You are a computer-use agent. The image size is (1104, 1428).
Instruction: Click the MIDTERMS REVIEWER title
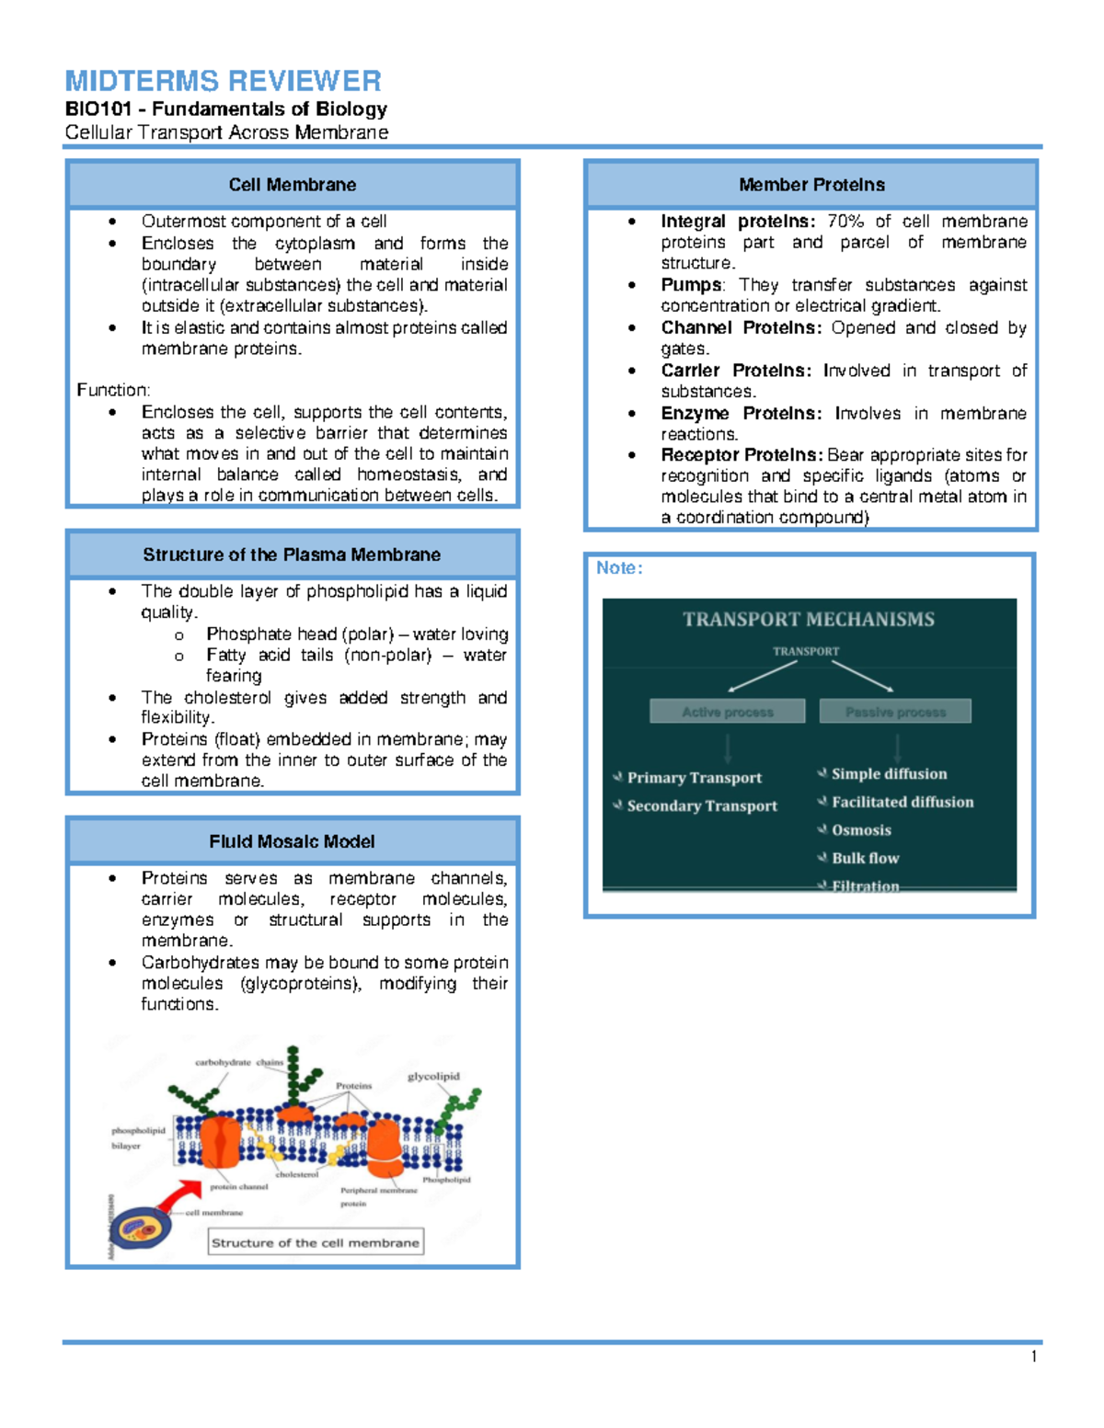(223, 81)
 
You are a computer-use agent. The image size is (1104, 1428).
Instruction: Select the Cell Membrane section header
(293, 185)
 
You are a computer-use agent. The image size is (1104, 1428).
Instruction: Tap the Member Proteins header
(811, 185)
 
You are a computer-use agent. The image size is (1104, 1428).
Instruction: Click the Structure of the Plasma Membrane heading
(292, 554)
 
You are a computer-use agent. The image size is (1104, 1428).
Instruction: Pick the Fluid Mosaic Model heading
(292, 841)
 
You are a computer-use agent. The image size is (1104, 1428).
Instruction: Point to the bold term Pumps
(691, 285)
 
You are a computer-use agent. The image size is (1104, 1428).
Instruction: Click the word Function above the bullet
(113, 390)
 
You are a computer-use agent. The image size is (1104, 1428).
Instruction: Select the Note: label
(619, 568)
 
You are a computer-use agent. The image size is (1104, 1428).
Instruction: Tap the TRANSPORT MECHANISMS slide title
(809, 620)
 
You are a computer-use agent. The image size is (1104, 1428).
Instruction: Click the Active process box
(727, 712)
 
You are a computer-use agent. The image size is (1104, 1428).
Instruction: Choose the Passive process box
(895, 712)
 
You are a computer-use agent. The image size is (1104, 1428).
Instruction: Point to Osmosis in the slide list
(861, 830)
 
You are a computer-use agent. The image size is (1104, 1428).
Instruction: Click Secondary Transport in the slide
(702, 806)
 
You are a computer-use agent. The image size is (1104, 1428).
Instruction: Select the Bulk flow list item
(865, 859)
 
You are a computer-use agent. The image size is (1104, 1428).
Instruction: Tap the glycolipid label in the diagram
(433, 1077)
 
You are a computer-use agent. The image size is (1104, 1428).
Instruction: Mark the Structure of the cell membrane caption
(316, 1242)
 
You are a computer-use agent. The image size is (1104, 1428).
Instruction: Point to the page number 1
(1035, 1357)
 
